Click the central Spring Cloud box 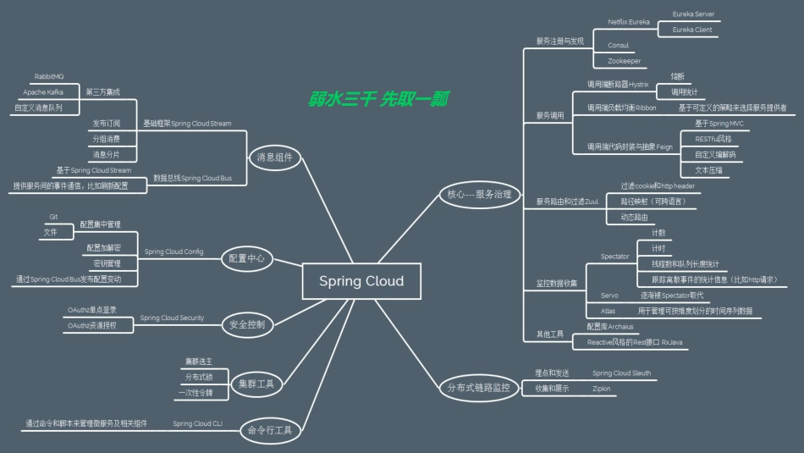[361, 281]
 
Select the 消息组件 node [274, 157]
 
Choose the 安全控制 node [247, 323]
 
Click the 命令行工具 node [270, 430]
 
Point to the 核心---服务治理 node [479, 195]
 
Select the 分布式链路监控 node [479, 388]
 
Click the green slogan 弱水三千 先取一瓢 [378, 99]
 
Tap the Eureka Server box [693, 14]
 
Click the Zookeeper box [625, 61]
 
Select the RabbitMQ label [49, 76]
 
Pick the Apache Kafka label [43, 91]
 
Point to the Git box [53, 218]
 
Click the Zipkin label [602, 388]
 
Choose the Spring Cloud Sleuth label [621, 373]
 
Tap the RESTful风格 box [713, 138]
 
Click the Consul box [619, 45]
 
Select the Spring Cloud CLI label [197, 423]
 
